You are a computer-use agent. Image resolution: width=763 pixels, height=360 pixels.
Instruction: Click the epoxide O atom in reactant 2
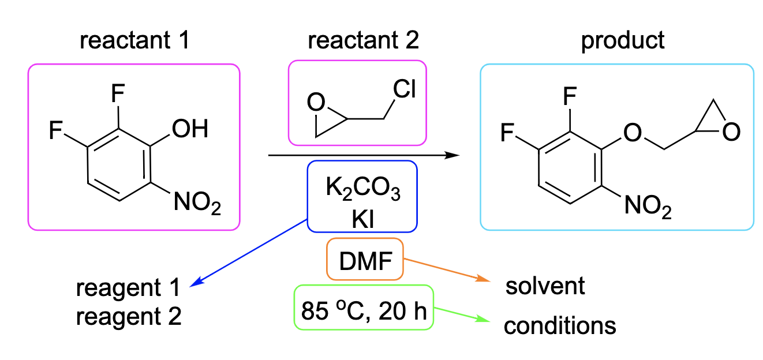click(315, 104)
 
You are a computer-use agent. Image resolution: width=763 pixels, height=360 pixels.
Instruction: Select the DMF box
click(364, 259)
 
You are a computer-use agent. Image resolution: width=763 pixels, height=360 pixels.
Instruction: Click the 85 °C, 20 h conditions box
click(364, 307)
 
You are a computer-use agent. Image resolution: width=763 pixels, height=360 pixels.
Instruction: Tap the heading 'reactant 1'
click(136, 41)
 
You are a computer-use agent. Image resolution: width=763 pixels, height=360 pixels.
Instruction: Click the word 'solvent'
click(545, 286)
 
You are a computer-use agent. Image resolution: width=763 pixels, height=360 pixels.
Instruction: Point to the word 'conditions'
click(559, 327)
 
